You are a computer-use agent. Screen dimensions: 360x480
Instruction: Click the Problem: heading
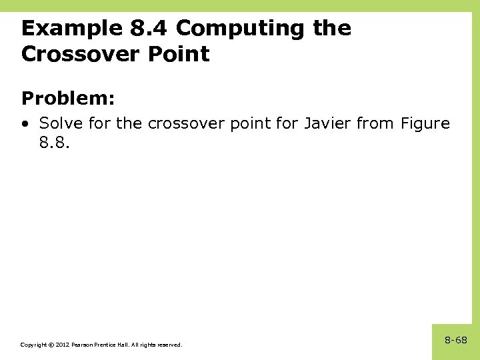pyautogui.click(x=68, y=99)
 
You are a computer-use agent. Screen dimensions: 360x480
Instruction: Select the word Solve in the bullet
pyautogui.click(x=58, y=124)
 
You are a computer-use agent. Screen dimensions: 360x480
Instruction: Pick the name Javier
pyautogui.click(x=326, y=124)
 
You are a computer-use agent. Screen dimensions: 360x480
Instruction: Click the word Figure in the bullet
pyautogui.click(x=425, y=124)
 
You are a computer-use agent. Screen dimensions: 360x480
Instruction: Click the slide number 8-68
pyautogui.click(x=456, y=341)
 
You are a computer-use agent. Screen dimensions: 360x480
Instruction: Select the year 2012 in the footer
pyautogui.click(x=61, y=345)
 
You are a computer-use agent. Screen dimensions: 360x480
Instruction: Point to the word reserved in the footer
pyautogui.click(x=169, y=345)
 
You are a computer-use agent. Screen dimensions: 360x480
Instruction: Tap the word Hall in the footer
pyautogui.click(x=124, y=345)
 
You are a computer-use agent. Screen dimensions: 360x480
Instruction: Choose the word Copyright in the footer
pyautogui.click(x=33, y=345)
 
